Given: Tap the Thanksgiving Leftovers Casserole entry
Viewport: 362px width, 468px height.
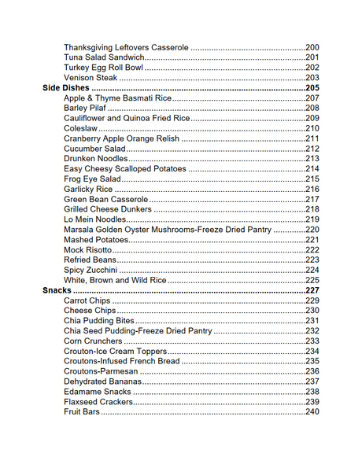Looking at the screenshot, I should pyautogui.click(x=126, y=48).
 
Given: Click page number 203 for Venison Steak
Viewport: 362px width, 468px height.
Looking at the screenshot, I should pyautogui.click(x=312, y=78).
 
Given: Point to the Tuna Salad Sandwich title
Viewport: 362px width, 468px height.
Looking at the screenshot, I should pyautogui.click(x=104, y=58).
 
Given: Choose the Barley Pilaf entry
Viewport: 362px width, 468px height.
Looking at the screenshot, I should pyautogui.click(x=85, y=109).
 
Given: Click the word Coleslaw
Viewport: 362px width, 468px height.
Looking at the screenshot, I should pyautogui.click(x=81, y=128).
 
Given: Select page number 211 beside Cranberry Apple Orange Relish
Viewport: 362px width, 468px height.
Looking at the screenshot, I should pyautogui.click(x=312, y=138).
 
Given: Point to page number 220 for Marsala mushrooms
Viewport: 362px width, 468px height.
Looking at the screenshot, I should pyautogui.click(x=312, y=230).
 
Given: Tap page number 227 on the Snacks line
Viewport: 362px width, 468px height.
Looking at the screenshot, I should pyautogui.click(x=312, y=290).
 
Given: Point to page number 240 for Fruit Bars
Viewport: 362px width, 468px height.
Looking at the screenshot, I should pyautogui.click(x=312, y=411).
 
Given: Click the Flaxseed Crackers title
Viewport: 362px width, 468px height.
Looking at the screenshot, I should pyautogui.click(x=98, y=401).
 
